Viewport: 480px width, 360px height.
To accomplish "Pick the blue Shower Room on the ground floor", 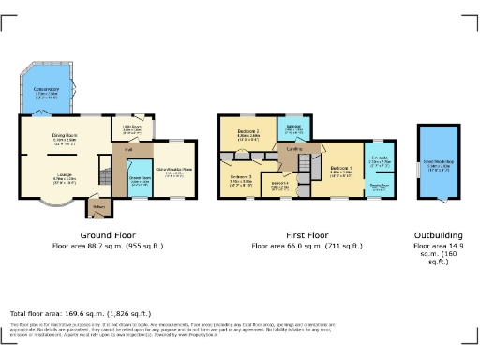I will pyautogui.click(x=140, y=178).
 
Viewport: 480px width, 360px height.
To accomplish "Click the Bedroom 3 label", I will pyautogui.click(x=242, y=178).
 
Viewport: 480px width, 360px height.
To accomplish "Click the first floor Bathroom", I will pyautogui.click(x=293, y=129).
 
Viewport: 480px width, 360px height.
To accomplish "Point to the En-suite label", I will pyautogui.click(x=380, y=159).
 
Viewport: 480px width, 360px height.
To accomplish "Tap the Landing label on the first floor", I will pyautogui.click(x=293, y=148).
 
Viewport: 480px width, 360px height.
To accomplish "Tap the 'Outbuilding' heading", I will pyautogui.click(x=437, y=236).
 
